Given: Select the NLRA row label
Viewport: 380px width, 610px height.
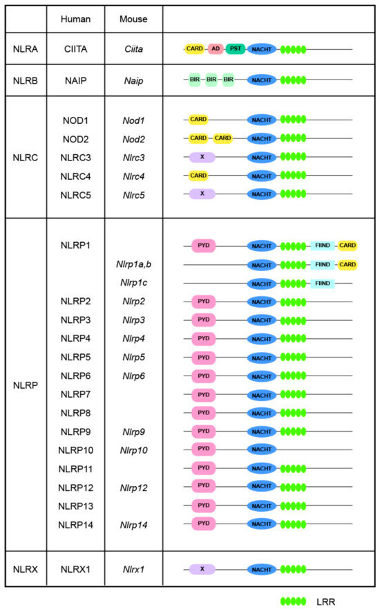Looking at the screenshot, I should tap(26, 49).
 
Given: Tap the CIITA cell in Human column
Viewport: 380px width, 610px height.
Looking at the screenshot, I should tap(75, 49).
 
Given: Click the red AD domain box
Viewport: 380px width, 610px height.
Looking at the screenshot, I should tap(216, 49).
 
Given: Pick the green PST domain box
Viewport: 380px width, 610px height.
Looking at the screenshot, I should tap(236, 49).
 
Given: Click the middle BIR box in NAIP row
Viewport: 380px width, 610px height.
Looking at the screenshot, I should tap(212, 80).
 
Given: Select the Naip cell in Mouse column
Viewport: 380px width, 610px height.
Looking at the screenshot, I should tap(133, 81).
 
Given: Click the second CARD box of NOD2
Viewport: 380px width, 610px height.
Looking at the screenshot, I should tap(223, 138).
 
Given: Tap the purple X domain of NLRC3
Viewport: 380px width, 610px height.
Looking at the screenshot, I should tap(202, 157).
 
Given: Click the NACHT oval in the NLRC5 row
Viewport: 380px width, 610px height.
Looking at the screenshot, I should tap(261, 194).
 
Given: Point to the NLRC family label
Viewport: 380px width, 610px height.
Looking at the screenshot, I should tap(26, 157).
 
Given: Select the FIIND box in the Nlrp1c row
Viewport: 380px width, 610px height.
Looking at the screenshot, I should tap(322, 284).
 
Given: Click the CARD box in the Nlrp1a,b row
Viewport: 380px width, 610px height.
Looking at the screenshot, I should tap(348, 264).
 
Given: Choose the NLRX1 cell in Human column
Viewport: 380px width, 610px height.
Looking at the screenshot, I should tap(75, 570).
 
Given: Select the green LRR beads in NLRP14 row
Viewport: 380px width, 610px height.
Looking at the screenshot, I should tap(293, 524).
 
